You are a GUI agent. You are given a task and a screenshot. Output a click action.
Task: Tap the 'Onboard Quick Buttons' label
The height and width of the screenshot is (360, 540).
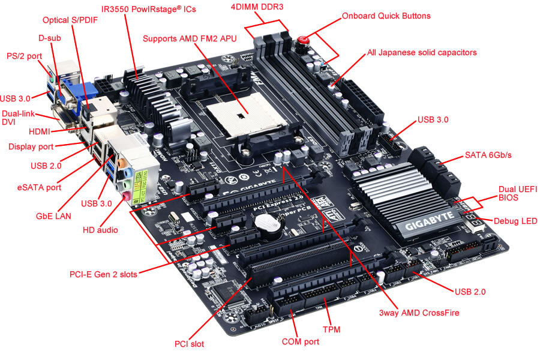point(386,16)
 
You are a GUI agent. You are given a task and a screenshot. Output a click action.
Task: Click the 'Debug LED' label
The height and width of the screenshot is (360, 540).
point(515,221)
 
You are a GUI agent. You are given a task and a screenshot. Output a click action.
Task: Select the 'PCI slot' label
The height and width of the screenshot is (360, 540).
point(189,344)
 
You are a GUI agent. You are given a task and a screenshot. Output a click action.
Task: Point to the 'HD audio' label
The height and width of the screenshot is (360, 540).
point(100,229)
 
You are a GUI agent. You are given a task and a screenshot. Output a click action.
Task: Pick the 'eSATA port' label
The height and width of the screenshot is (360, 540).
point(40,187)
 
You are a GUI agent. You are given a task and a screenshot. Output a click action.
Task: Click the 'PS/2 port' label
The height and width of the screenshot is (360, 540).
point(23,55)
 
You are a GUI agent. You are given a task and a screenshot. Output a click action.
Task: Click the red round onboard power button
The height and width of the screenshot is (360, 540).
point(304,41)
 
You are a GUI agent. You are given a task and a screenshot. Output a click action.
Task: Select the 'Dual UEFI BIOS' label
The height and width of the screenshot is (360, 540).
point(518,193)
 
